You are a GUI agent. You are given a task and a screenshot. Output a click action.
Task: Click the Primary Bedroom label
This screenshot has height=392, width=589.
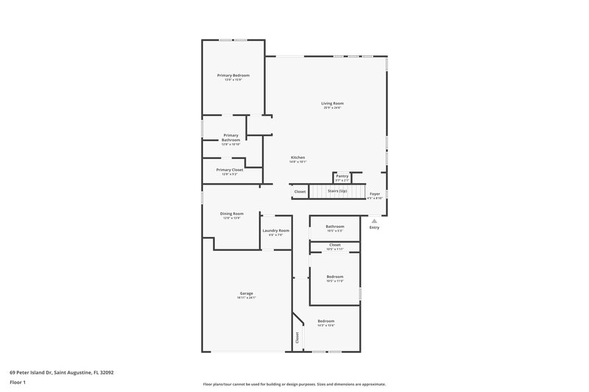(x=233, y=76)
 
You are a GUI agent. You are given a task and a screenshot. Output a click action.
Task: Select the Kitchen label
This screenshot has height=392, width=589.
(x=297, y=158)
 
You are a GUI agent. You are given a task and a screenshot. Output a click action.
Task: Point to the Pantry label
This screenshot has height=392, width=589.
(x=342, y=177)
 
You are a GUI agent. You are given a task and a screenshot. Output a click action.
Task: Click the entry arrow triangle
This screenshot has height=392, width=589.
(x=374, y=220)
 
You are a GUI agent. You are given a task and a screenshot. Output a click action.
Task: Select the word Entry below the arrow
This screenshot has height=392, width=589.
(x=374, y=227)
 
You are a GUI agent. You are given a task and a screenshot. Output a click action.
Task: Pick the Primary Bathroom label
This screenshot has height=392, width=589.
(x=231, y=138)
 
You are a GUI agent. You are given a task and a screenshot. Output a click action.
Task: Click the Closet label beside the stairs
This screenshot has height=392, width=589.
(x=300, y=192)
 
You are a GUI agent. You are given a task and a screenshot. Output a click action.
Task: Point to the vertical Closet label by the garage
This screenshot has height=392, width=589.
(x=297, y=338)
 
